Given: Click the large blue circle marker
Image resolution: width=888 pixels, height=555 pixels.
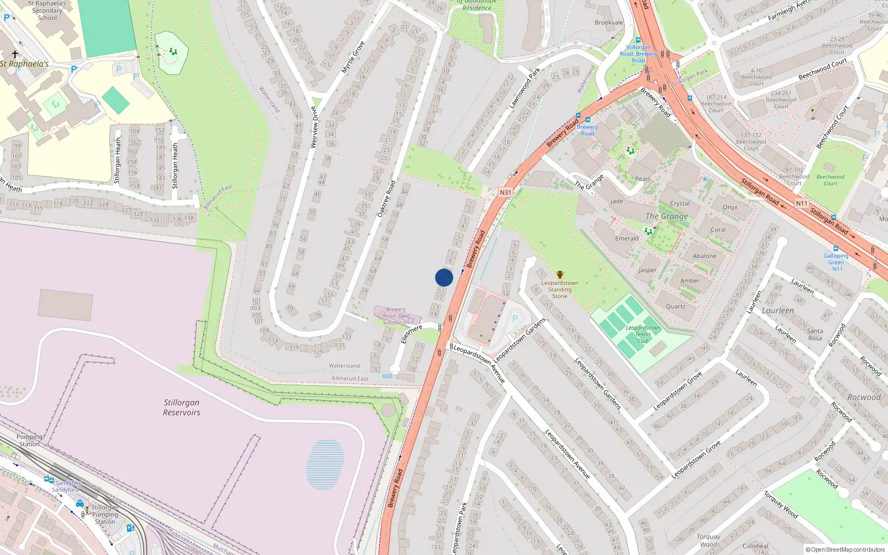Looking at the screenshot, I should tap(444, 277).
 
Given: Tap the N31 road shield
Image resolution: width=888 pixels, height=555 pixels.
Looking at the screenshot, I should tap(505, 193).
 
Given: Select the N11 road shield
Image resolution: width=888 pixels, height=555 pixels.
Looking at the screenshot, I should tap(801, 203).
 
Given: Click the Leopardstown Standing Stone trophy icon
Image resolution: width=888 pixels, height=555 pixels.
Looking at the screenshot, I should tap(559, 275).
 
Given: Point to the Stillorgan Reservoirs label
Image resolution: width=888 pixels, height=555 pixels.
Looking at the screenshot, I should tap(181, 407).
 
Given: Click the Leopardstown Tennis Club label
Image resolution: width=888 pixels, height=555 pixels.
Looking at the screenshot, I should tap(643, 334).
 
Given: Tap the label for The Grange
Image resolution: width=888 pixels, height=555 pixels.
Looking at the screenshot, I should tap(667, 216).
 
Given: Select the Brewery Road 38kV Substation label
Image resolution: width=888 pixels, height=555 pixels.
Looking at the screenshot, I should tap(396, 316).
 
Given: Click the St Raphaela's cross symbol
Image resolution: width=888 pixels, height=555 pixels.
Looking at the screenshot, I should tap(15, 54).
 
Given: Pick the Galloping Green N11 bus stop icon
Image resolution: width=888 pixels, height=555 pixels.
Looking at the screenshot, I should tap(836, 249).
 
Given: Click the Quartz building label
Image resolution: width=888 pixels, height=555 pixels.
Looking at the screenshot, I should tap(675, 306).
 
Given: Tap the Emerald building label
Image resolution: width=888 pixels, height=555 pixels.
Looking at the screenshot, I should tap(627, 239).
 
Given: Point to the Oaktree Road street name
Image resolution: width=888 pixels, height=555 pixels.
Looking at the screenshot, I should tap(386, 199).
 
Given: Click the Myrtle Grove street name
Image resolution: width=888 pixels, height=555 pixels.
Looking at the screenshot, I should tap(353, 57).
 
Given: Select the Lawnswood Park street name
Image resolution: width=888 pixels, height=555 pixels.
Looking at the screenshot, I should tap(524, 88).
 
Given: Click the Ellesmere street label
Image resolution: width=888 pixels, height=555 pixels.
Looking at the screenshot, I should tap(411, 334).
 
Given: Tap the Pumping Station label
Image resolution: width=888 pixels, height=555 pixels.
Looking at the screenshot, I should tap(29, 441).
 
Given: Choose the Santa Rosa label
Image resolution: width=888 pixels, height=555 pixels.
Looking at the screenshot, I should tap(815, 335).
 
